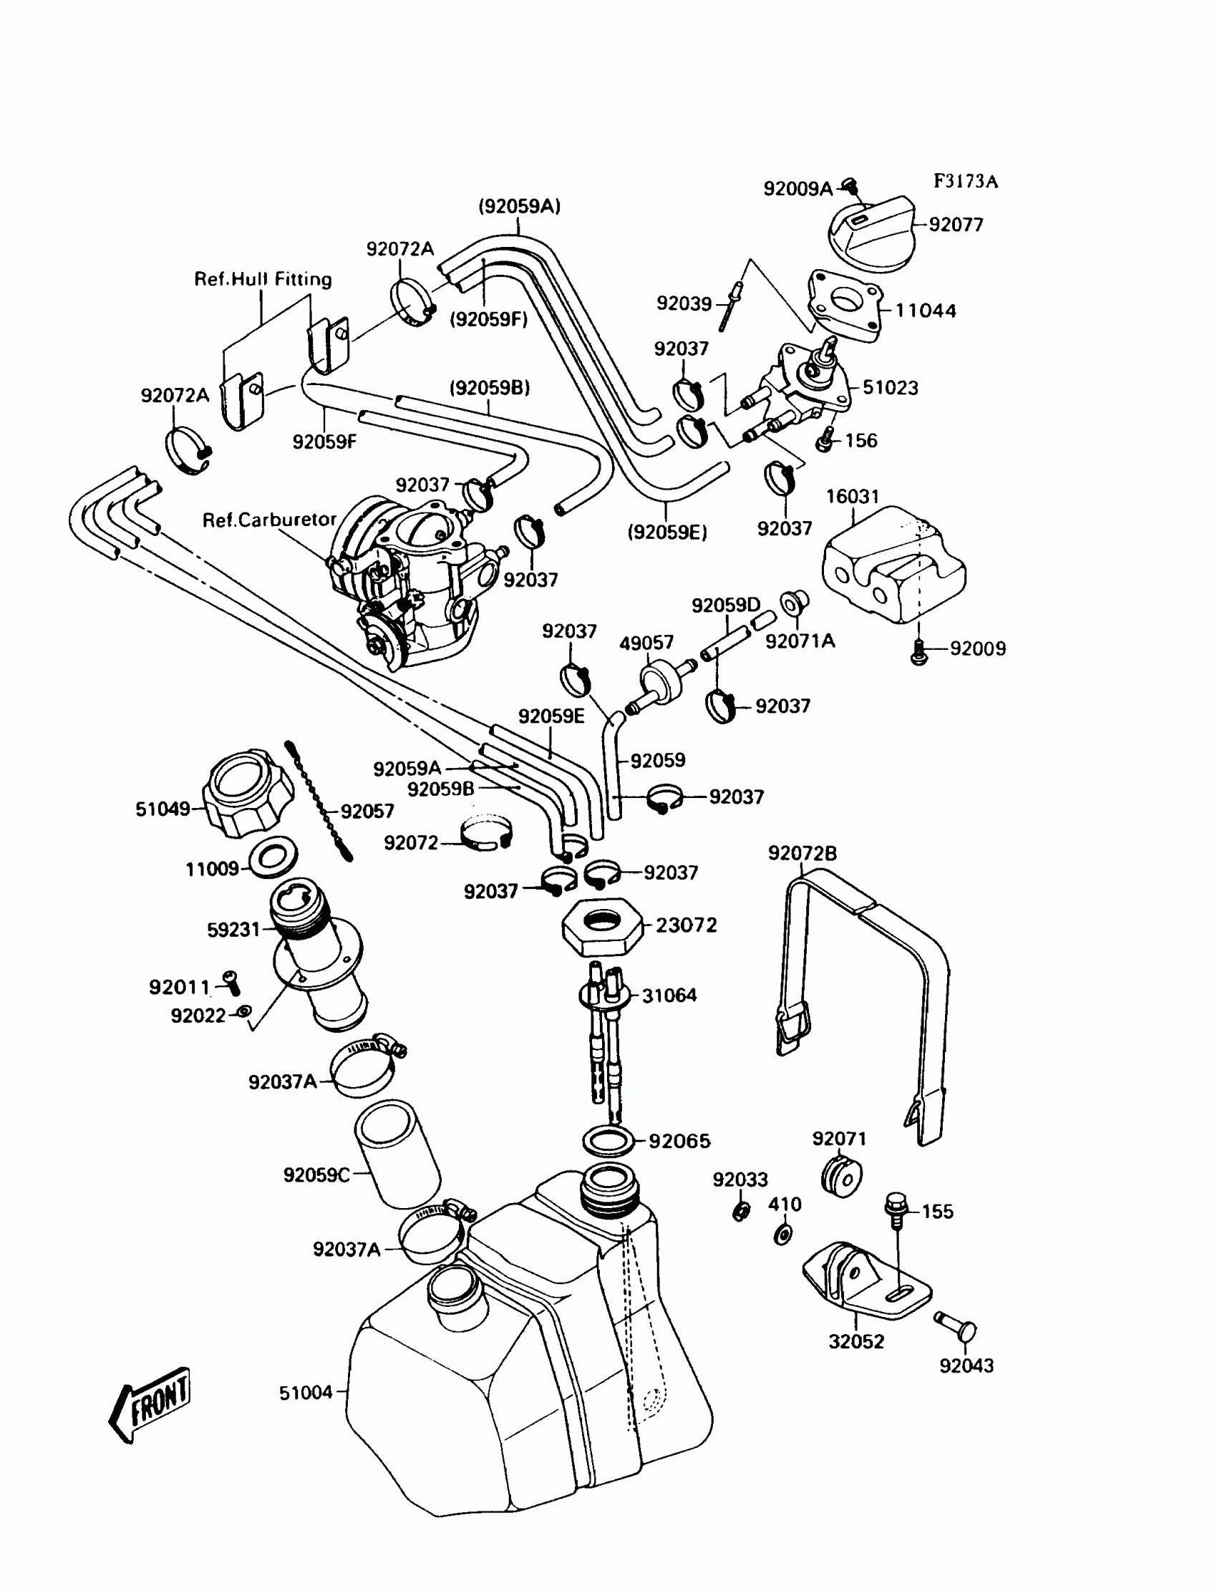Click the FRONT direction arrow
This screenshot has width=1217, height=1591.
coord(150,1404)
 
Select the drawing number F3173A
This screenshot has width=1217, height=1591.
coord(965,181)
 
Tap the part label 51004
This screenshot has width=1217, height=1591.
coord(306,1393)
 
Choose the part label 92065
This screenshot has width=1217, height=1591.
coord(679,1142)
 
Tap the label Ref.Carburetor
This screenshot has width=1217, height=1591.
coord(268,520)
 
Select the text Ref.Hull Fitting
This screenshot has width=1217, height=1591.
coord(263,280)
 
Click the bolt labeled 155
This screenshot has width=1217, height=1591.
coord(896,1208)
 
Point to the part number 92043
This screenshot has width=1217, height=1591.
coord(966,1366)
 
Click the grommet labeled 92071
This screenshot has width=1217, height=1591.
coord(842,1176)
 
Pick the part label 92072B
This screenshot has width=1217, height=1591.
coord(802,854)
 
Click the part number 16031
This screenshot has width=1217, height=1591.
coord(853,497)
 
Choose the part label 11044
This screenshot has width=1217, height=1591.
coord(925,311)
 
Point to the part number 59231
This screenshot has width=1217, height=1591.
coord(233,930)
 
